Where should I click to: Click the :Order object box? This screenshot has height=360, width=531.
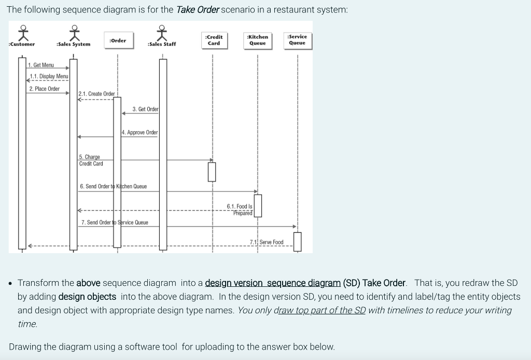coord(118,40)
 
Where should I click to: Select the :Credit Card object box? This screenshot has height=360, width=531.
coord(214,40)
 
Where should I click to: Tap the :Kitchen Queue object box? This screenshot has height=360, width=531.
coord(258,40)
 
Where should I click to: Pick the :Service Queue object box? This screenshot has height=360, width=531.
coord(297,40)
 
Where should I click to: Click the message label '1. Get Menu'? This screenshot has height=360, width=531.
coord(41,65)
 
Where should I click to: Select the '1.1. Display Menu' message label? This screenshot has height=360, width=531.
coord(49,76)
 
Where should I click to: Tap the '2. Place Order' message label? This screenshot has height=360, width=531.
coord(44,89)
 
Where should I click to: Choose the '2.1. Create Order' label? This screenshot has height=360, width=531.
coord(96,94)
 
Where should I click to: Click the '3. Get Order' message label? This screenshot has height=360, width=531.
coord(145,109)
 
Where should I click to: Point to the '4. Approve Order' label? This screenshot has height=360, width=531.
coord(140,132)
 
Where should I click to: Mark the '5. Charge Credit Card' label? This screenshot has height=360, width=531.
coord(91,160)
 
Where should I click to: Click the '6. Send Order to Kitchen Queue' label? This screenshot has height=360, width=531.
coord(114,186)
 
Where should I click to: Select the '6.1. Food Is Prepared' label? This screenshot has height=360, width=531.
coord(240,210)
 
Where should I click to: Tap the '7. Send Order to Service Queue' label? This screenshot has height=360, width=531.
coord(115,223)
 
